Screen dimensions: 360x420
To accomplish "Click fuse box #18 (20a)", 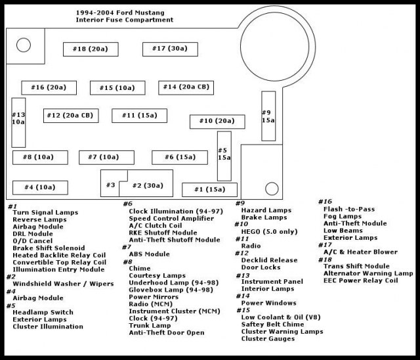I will coord(90,49).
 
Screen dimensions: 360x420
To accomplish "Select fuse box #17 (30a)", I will coord(169,48).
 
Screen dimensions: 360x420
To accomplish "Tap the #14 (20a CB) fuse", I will coord(186,87).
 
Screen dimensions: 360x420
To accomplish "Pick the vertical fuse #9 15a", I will coord(268,116).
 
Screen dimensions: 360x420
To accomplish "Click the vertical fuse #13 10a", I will coord(18,122).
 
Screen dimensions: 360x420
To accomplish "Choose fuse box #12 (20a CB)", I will coord(69,116).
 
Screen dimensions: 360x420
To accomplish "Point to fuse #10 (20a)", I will coord(217,121).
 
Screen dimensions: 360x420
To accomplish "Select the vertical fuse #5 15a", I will coord(224,156).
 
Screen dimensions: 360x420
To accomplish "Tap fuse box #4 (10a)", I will coord(40,187).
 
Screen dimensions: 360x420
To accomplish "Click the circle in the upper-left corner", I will coord(24,45).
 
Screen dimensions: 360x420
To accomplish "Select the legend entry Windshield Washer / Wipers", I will coord(54,283).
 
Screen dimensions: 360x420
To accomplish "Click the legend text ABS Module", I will coord(149,254).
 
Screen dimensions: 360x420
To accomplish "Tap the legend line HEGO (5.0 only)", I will coord(269,231).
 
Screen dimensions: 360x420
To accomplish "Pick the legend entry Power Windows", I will coord(268,303).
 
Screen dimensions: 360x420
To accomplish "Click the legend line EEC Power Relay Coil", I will coord(360,281).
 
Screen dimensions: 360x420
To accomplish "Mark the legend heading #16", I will coord(325,202).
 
